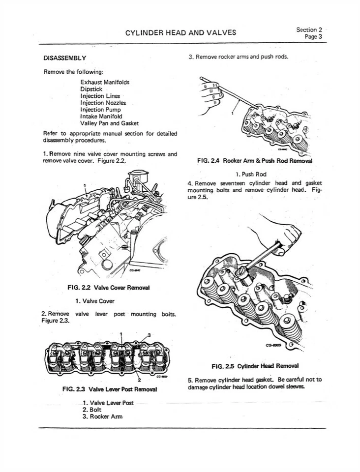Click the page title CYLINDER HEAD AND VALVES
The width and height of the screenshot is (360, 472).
pyautogui.click(x=180, y=33)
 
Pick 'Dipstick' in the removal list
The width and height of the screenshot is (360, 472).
pyautogui.click(x=91, y=89)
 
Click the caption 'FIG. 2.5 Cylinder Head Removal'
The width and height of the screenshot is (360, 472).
pyautogui.click(x=255, y=366)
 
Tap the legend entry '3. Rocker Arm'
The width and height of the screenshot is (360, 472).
pyautogui.click(x=102, y=416)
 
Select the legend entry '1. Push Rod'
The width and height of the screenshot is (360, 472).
pyautogui.click(x=254, y=174)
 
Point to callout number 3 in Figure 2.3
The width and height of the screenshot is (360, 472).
pyautogui.click(x=149, y=335)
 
